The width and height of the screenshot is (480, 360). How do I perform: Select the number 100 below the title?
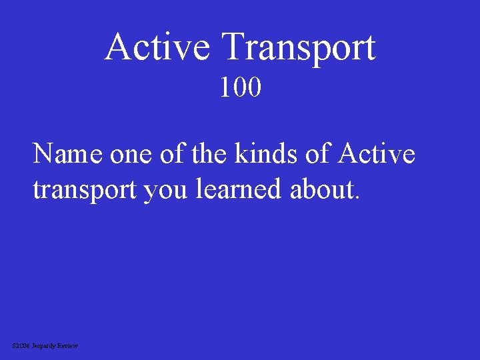point(241,87)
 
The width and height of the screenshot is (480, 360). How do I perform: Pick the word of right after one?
point(171,154)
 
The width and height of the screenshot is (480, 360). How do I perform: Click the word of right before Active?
point(316,154)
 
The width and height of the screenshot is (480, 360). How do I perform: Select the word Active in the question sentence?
point(377,154)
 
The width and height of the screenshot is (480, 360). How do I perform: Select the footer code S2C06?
point(21,345)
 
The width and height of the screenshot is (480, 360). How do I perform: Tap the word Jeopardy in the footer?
point(44,346)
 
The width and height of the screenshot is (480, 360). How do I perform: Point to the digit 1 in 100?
point(226,87)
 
